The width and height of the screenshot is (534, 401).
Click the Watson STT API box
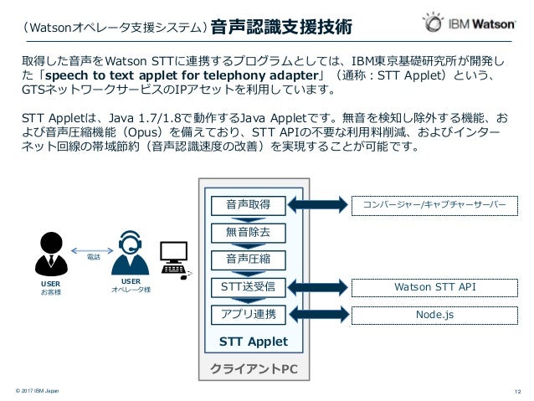point(434,287)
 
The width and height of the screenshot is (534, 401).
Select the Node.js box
point(434,315)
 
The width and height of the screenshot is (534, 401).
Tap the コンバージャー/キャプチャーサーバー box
point(434,204)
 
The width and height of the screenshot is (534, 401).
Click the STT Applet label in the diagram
point(253,342)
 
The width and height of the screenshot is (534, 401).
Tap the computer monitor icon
point(174,255)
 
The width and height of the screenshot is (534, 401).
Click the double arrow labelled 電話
point(90,249)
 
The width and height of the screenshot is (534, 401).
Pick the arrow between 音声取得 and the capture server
point(316,204)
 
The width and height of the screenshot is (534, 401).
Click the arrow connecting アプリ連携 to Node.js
point(316,315)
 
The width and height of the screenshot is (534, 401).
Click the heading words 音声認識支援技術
point(280,27)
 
